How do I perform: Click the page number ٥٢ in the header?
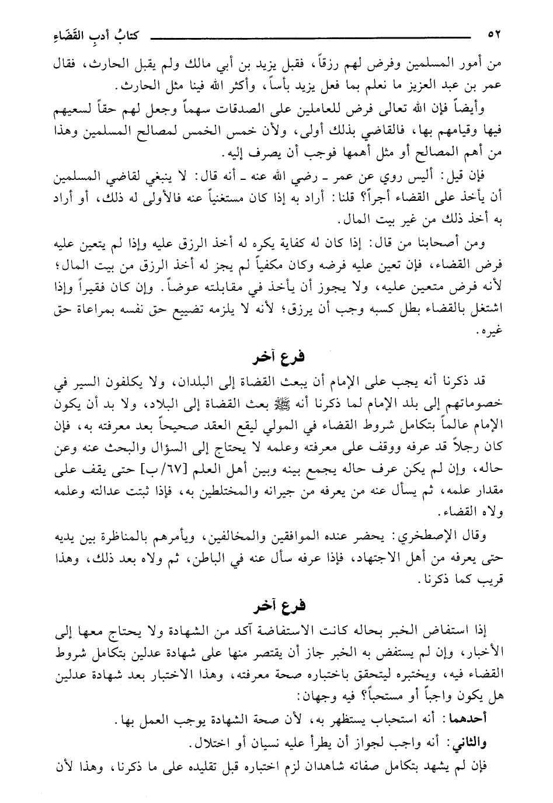tap(495, 35)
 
